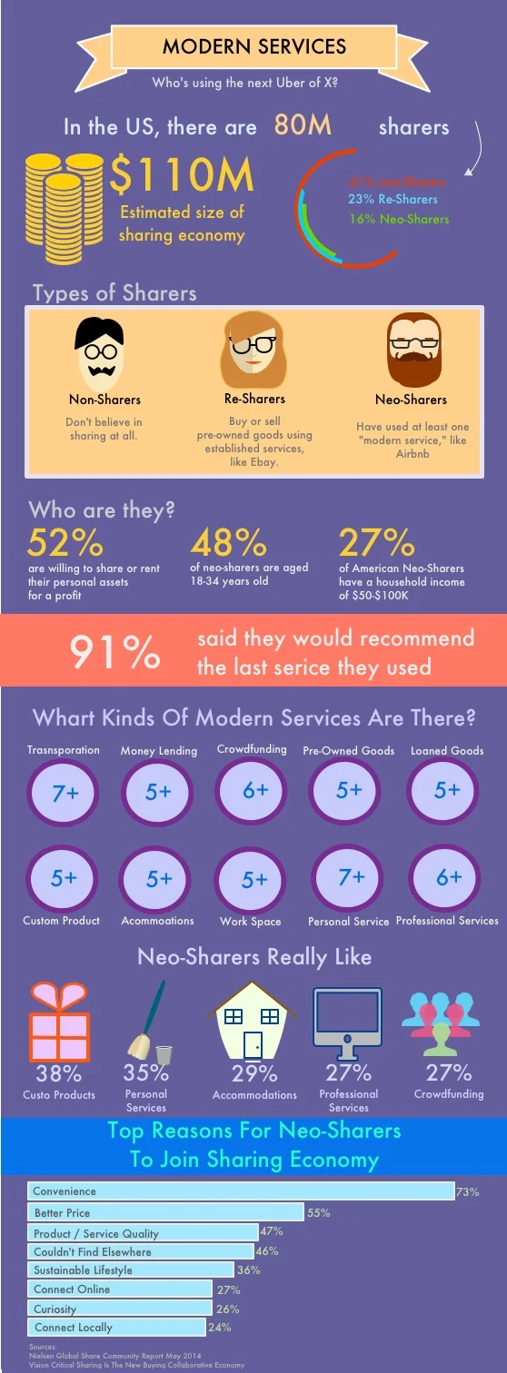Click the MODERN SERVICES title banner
click(253, 46)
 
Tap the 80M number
click(303, 124)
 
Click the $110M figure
click(181, 174)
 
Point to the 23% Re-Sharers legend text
click(393, 199)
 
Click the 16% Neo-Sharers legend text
click(399, 219)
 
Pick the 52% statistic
click(65, 542)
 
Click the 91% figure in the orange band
click(115, 652)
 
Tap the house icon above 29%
click(253, 1023)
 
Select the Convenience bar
click(241, 1190)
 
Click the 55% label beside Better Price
click(318, 1213)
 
